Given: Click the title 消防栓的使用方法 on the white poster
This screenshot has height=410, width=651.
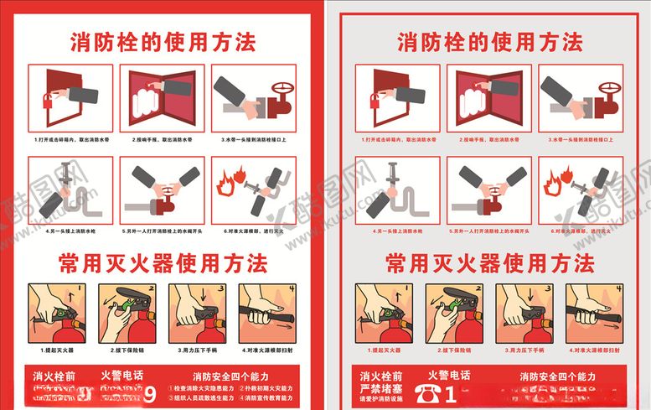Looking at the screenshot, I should coord(163,39).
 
